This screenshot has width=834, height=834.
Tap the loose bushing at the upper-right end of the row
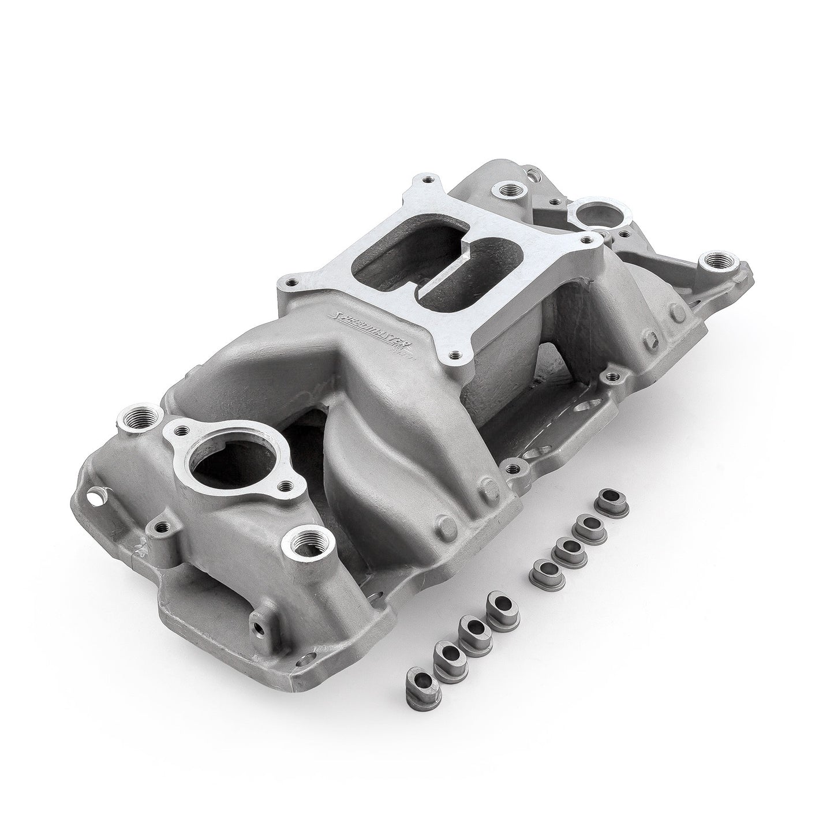[x=612, y=498]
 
